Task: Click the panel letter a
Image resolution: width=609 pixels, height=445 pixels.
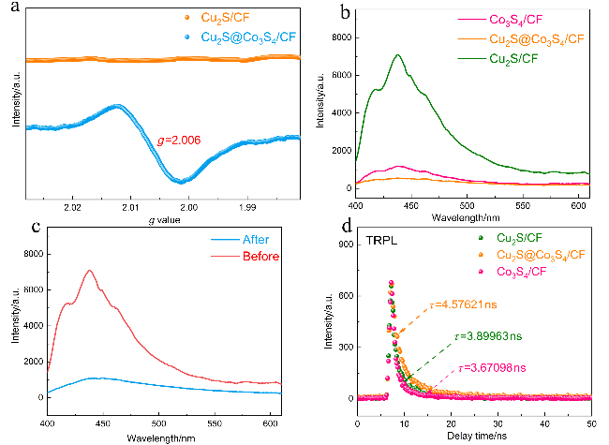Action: pos(14,11)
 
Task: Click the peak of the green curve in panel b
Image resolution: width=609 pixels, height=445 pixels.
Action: pos(398,55)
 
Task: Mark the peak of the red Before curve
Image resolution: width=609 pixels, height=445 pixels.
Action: pos(90,271)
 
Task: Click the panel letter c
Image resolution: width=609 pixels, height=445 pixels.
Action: pos(14,227)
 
